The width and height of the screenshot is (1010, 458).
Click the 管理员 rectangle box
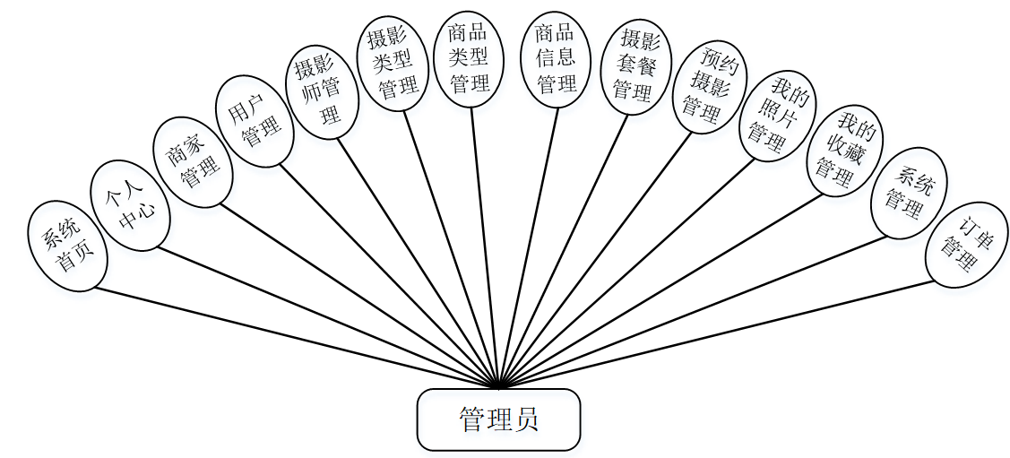498,419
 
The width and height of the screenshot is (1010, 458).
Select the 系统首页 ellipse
68,246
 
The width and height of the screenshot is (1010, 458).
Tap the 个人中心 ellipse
130,205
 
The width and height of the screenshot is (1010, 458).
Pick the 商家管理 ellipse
193,162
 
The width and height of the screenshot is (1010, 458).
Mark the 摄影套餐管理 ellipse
636,66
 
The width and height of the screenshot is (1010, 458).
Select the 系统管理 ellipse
907,193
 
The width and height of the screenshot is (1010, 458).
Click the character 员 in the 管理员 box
526,419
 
